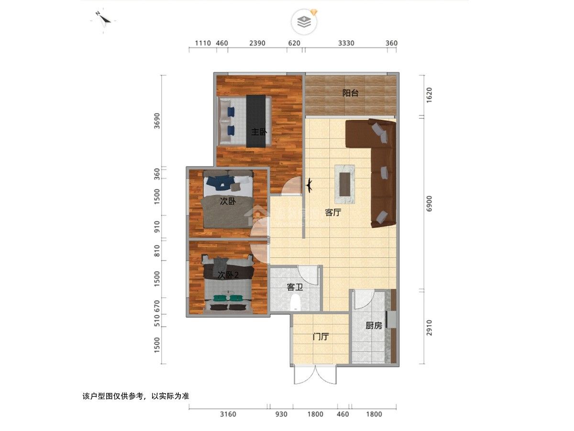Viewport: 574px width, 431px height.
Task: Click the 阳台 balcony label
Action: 350,93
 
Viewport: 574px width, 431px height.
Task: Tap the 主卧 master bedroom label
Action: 259,132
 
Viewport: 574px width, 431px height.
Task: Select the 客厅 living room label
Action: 333,212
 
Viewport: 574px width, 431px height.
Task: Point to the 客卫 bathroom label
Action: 295,287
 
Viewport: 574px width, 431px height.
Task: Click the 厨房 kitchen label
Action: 374,325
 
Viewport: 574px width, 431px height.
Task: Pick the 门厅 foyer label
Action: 320,337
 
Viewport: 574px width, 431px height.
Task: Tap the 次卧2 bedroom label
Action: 228,275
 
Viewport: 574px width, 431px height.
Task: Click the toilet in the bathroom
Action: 296,303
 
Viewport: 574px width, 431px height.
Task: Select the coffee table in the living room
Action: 345,184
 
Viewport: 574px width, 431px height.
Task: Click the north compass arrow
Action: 104,19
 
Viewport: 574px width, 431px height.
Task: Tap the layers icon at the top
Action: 304,22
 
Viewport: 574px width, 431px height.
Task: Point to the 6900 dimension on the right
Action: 429,204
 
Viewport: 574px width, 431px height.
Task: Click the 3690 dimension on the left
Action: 157,121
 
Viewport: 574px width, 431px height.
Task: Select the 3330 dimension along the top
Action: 346,43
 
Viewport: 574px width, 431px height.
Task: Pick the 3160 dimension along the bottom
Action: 228,414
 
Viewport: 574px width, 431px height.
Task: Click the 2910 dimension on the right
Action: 429,328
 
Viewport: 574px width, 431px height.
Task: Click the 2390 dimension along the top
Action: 257,43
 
